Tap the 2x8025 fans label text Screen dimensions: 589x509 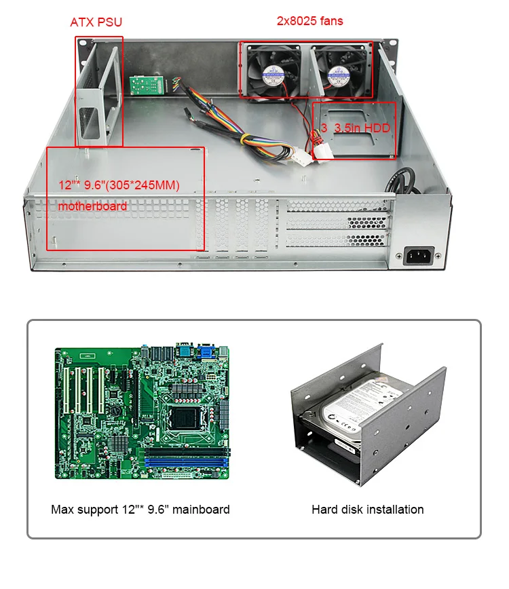click(309, 21)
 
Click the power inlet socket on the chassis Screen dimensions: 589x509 click(419, 256)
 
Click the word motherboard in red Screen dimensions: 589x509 click(93, 206)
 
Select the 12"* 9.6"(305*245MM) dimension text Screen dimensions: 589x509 click(119, 185)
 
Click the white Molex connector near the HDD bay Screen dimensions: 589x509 click(303, 157)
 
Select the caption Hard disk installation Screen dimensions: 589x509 click(368, 509)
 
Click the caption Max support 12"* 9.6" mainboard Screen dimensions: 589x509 click(140, 509)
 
